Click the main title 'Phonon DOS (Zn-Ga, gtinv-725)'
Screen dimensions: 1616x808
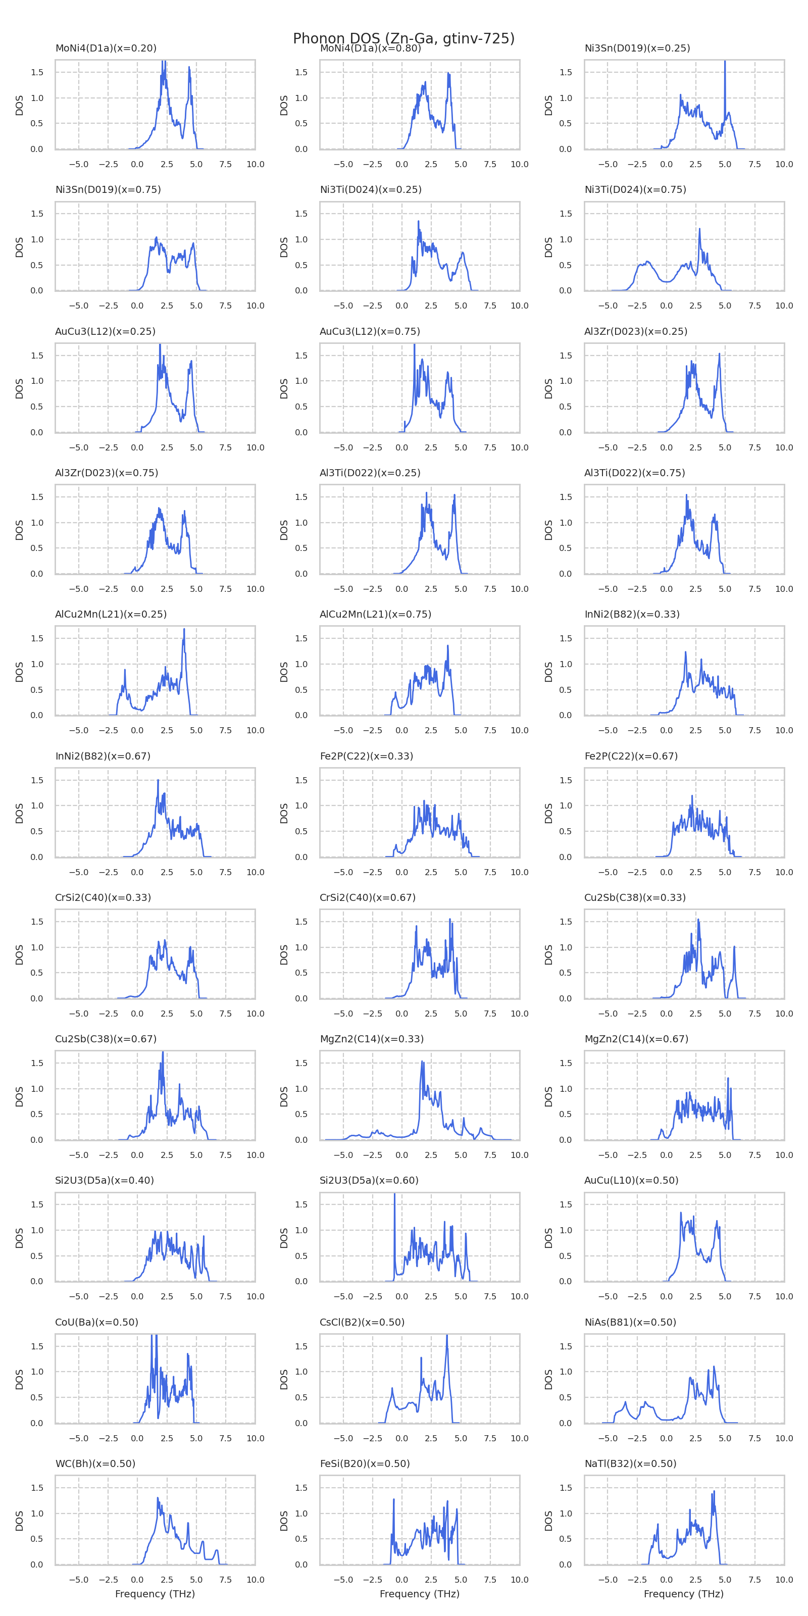point(403,38)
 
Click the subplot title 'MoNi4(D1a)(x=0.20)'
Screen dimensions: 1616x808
point(106,48)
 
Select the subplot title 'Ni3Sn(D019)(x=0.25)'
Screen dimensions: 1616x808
point(637,48)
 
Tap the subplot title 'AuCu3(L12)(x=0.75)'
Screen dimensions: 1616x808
point(370,331)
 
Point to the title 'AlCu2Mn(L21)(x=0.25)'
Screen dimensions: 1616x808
point(111,614)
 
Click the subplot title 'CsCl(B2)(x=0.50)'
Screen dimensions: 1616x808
point(362,1322)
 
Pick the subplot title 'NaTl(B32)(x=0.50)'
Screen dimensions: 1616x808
point(630,1463)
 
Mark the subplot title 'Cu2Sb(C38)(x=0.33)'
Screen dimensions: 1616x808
point(635,897)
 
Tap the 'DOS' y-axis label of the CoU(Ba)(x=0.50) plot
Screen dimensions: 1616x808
point(20,1379)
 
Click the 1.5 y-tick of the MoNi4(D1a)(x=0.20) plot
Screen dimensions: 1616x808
point(37,72)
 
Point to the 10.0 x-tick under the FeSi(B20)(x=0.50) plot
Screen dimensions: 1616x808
point(520,1580)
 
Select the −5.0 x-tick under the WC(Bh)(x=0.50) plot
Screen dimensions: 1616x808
point(78,1580)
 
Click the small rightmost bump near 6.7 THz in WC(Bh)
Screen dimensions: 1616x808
point(217,1551)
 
